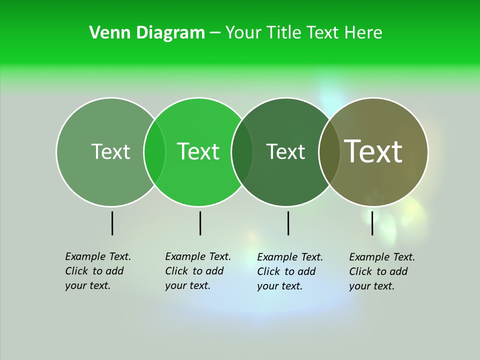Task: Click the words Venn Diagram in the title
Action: pos(147,33)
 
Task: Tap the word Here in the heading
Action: pos(363,33)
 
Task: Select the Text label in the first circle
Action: pos(110,151)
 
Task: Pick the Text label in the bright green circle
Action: pos(198,151)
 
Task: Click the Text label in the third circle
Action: pos(285,151)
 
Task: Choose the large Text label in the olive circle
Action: pos(373,151)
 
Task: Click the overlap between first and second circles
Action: pos(154,151)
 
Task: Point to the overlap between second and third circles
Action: pos(242,151)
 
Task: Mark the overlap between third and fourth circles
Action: pos(329,151)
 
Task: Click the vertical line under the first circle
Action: pos(112,223)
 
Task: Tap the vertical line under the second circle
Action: pos(200,223)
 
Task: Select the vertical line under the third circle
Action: pos(288,223)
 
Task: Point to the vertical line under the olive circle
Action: pos(372,223)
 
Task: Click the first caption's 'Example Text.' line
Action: pos(98,256)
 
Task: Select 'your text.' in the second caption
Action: pos(187,285)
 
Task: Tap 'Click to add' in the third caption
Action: pos(286,271)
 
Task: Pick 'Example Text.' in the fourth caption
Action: pos(382,257)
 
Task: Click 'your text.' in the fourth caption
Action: pos(371,286)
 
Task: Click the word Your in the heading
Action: pos(243,33)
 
